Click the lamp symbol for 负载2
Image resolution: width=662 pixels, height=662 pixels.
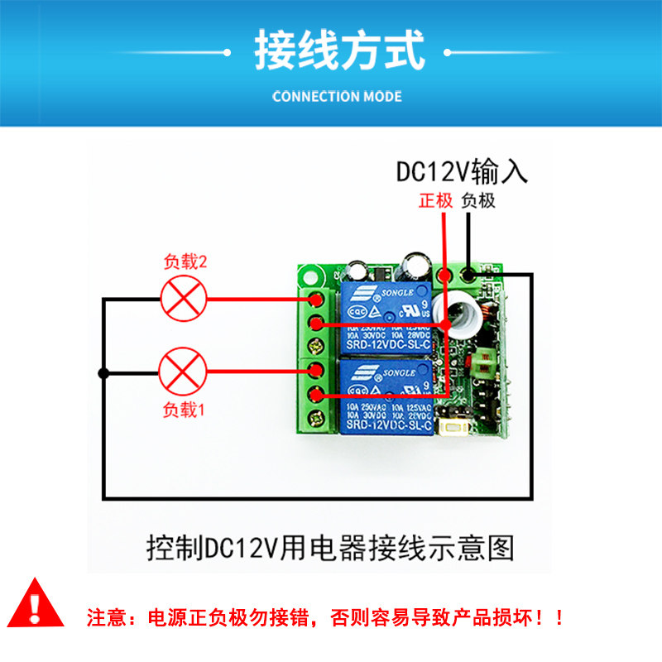182,298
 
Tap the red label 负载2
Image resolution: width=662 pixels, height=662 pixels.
185,262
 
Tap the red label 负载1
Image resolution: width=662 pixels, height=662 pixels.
183,409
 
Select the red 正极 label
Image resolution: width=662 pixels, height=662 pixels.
435,200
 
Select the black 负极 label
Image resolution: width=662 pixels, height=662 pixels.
478,200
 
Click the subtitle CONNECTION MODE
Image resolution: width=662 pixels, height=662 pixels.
337,96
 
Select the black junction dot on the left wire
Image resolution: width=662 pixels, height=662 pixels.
103,373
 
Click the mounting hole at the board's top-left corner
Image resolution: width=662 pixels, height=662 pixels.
311,273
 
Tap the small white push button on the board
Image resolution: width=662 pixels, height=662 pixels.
452,427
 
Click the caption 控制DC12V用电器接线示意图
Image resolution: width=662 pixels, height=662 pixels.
330,546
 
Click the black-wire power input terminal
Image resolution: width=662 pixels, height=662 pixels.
470,274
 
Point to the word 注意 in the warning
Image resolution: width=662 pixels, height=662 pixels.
104,617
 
